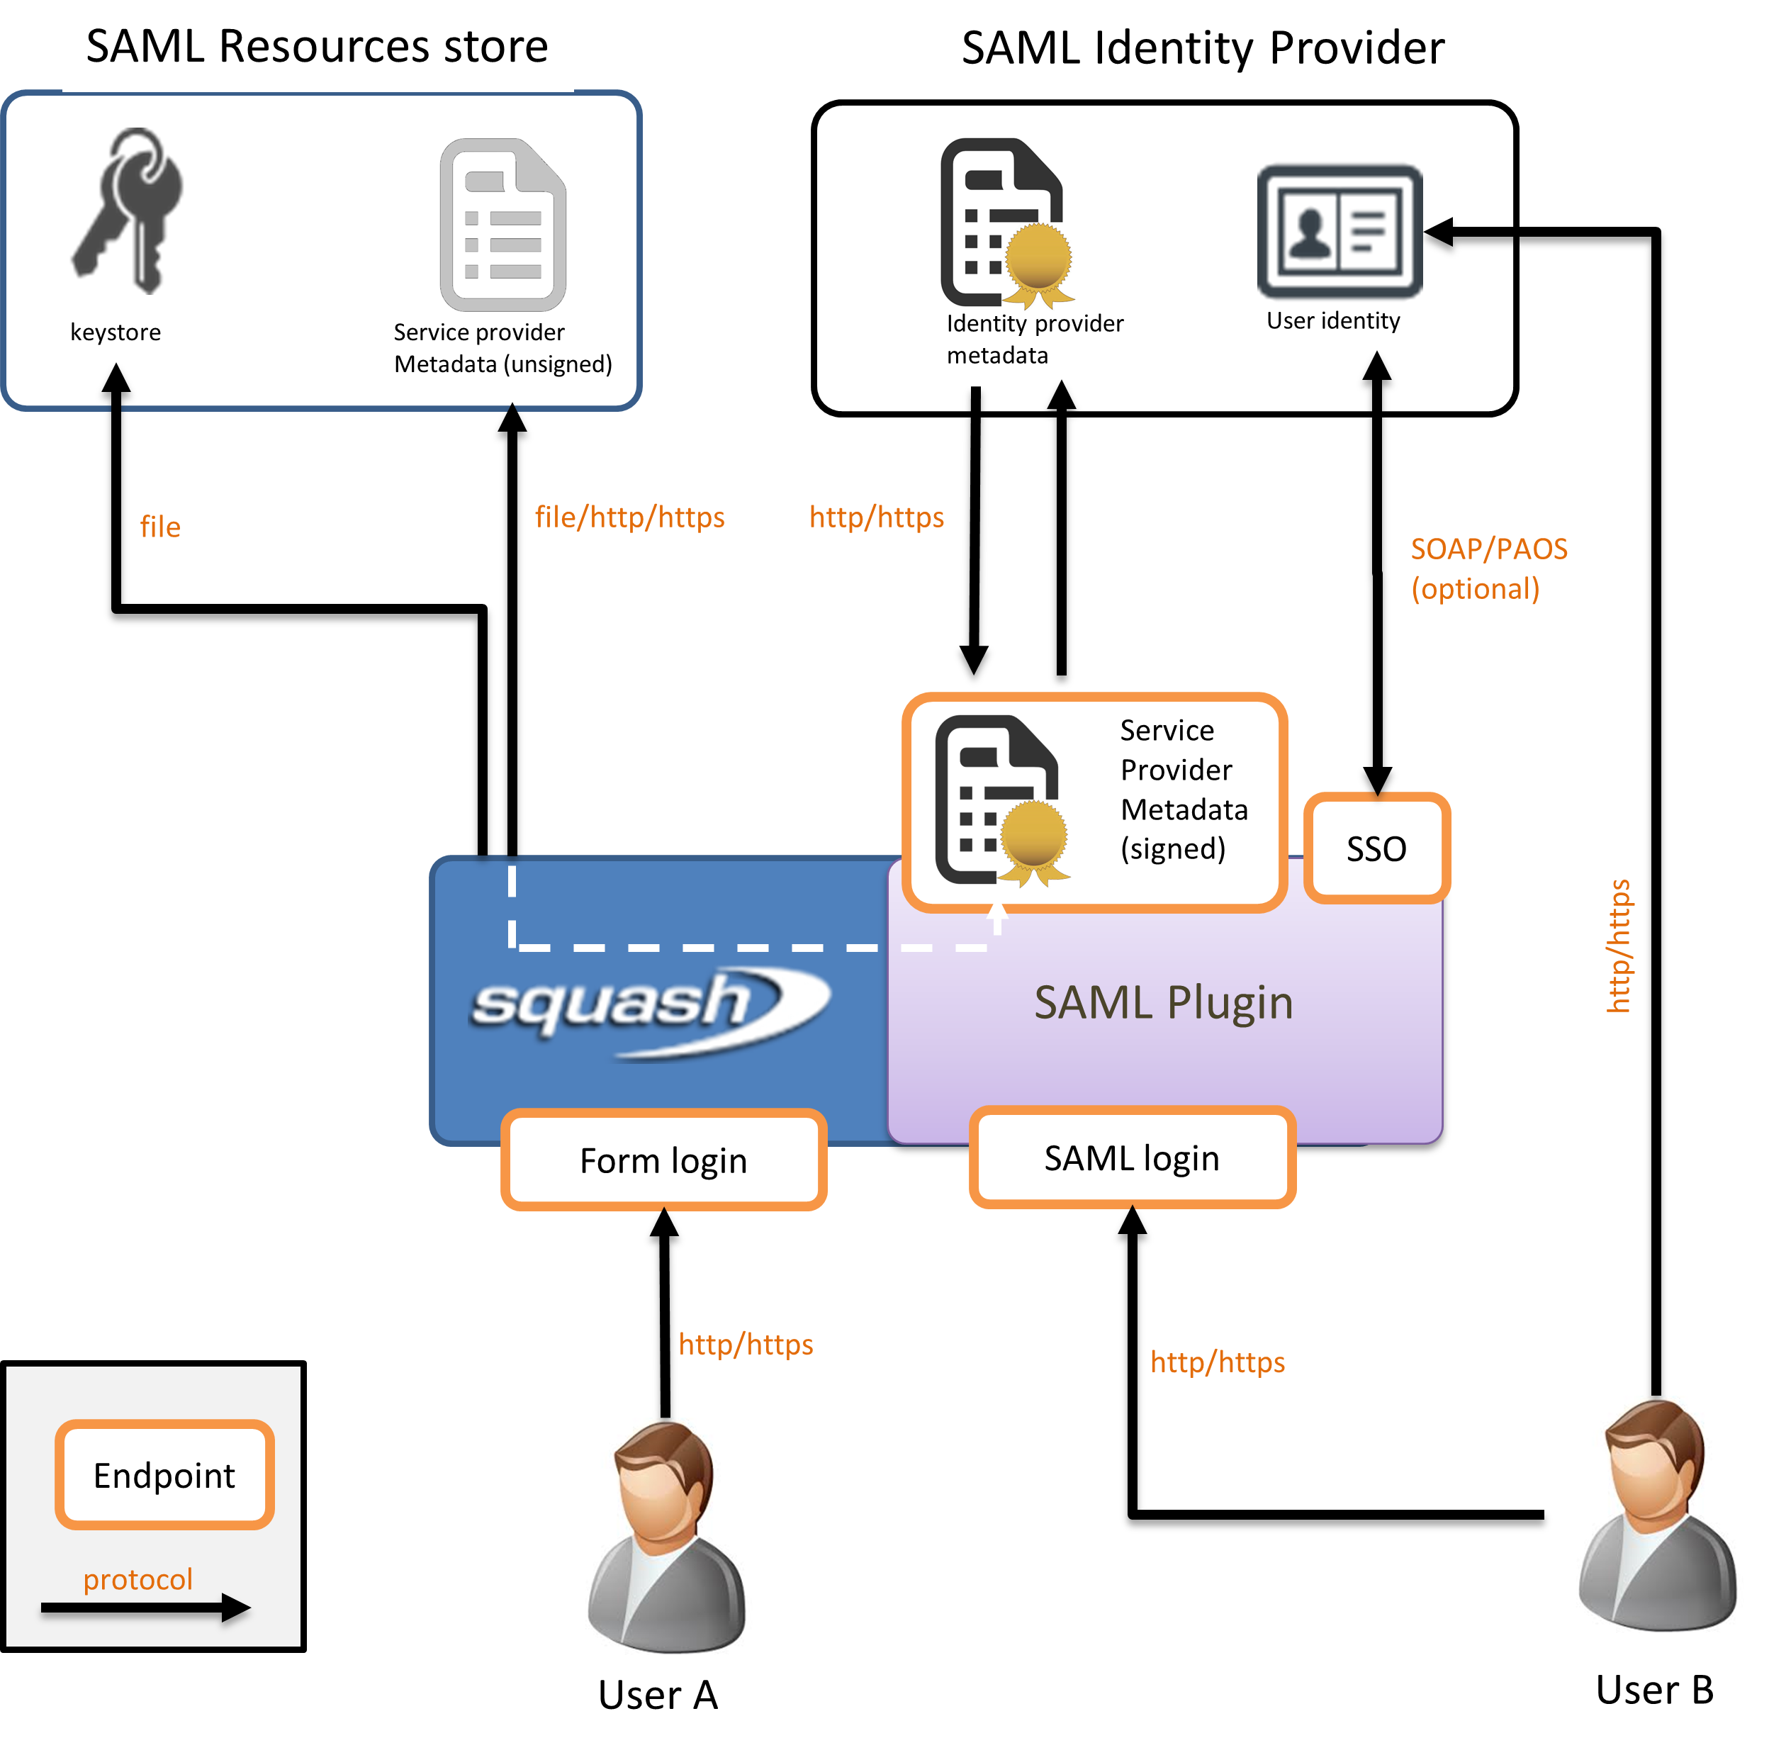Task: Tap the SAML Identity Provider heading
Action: pyautogui.click(x=1202, y=48)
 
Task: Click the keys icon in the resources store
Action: pyautogui.click(x=130, y=211)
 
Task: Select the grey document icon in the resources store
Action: pyautogui.click(x=503, y=225)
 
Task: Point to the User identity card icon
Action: pyautogui.click(x=1339, y=231)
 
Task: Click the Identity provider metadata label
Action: pyautogui.click(x=1034, y=339)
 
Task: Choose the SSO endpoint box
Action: pyautogui.click(x=1376, y=848)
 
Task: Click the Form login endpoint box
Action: pyautogui.click(x=663, y=1160)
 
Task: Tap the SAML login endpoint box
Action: pyautogui.click(x=1132, y=1157)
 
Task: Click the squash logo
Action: pyautogui.click(x=648, y=1009)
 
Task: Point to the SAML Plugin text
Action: pyautogui.click(x=1163, y=1002)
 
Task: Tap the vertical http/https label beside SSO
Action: pyautogui.click(x=1618, y=946)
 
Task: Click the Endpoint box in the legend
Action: pyautogui.click(x=164, y=1474)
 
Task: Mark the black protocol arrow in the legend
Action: pyautogui.click(x=146, y=1608)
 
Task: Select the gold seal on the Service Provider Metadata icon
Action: pyautogui.click(x=1033, y=837)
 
